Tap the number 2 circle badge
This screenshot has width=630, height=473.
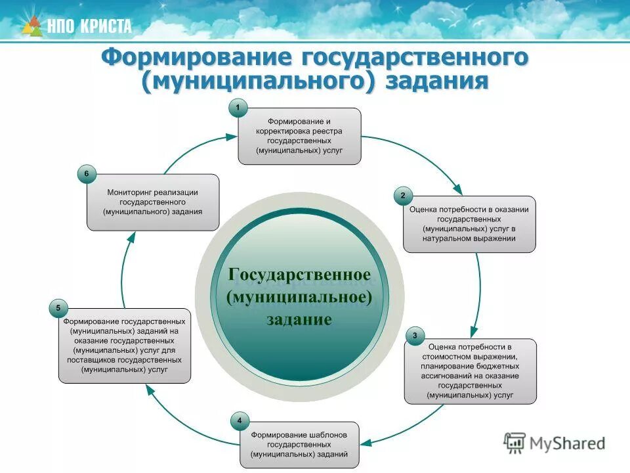[x=403, y=195]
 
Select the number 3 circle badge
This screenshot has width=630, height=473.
[x=414, y=337]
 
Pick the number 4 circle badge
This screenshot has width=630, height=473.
[x=240, y=420]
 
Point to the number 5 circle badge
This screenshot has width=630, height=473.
[x=58, y=307]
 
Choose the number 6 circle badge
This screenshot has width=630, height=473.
[x=87, y=174]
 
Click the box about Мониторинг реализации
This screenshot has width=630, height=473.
[x=153, y=202]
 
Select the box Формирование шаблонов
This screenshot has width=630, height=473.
[x=299, y=445]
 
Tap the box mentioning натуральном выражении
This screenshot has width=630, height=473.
[x=469, y=224]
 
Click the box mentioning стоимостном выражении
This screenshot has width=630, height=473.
[x=470, y=371]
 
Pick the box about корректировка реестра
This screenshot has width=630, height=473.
[x=299, y=136]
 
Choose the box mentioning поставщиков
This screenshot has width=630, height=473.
[x=125, y=346]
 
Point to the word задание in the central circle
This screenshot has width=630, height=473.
[x=299, y=320]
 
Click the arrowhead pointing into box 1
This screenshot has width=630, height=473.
[x=230, y=137]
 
